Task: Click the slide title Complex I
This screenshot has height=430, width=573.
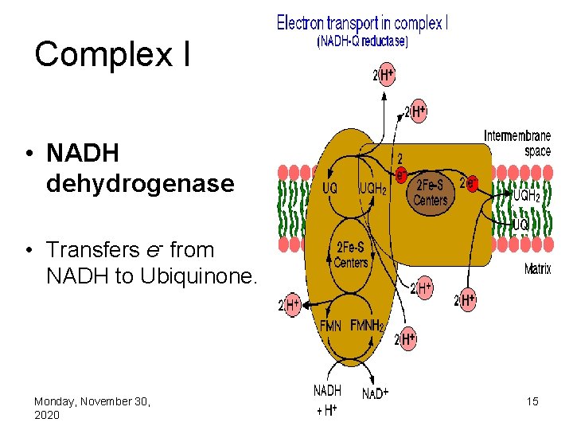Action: coord(112,55)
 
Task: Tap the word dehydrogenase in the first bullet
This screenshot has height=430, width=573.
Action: coord(140,184)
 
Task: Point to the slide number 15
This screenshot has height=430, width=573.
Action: coord(532,401)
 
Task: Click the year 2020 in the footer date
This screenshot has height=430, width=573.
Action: coord(47,416)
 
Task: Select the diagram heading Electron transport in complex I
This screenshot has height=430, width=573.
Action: coord(362,23)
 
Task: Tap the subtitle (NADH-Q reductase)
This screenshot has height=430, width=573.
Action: coord(362,42)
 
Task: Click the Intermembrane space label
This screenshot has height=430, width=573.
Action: coord(517,143)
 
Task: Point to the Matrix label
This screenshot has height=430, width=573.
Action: coord(537,269)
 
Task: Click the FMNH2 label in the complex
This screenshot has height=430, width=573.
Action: coord(368,326)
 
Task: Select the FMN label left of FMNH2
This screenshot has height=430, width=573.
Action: coord(331,326)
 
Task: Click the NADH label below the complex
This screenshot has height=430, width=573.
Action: coord(327,391)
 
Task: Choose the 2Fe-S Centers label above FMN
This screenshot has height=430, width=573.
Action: coord(350,256)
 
